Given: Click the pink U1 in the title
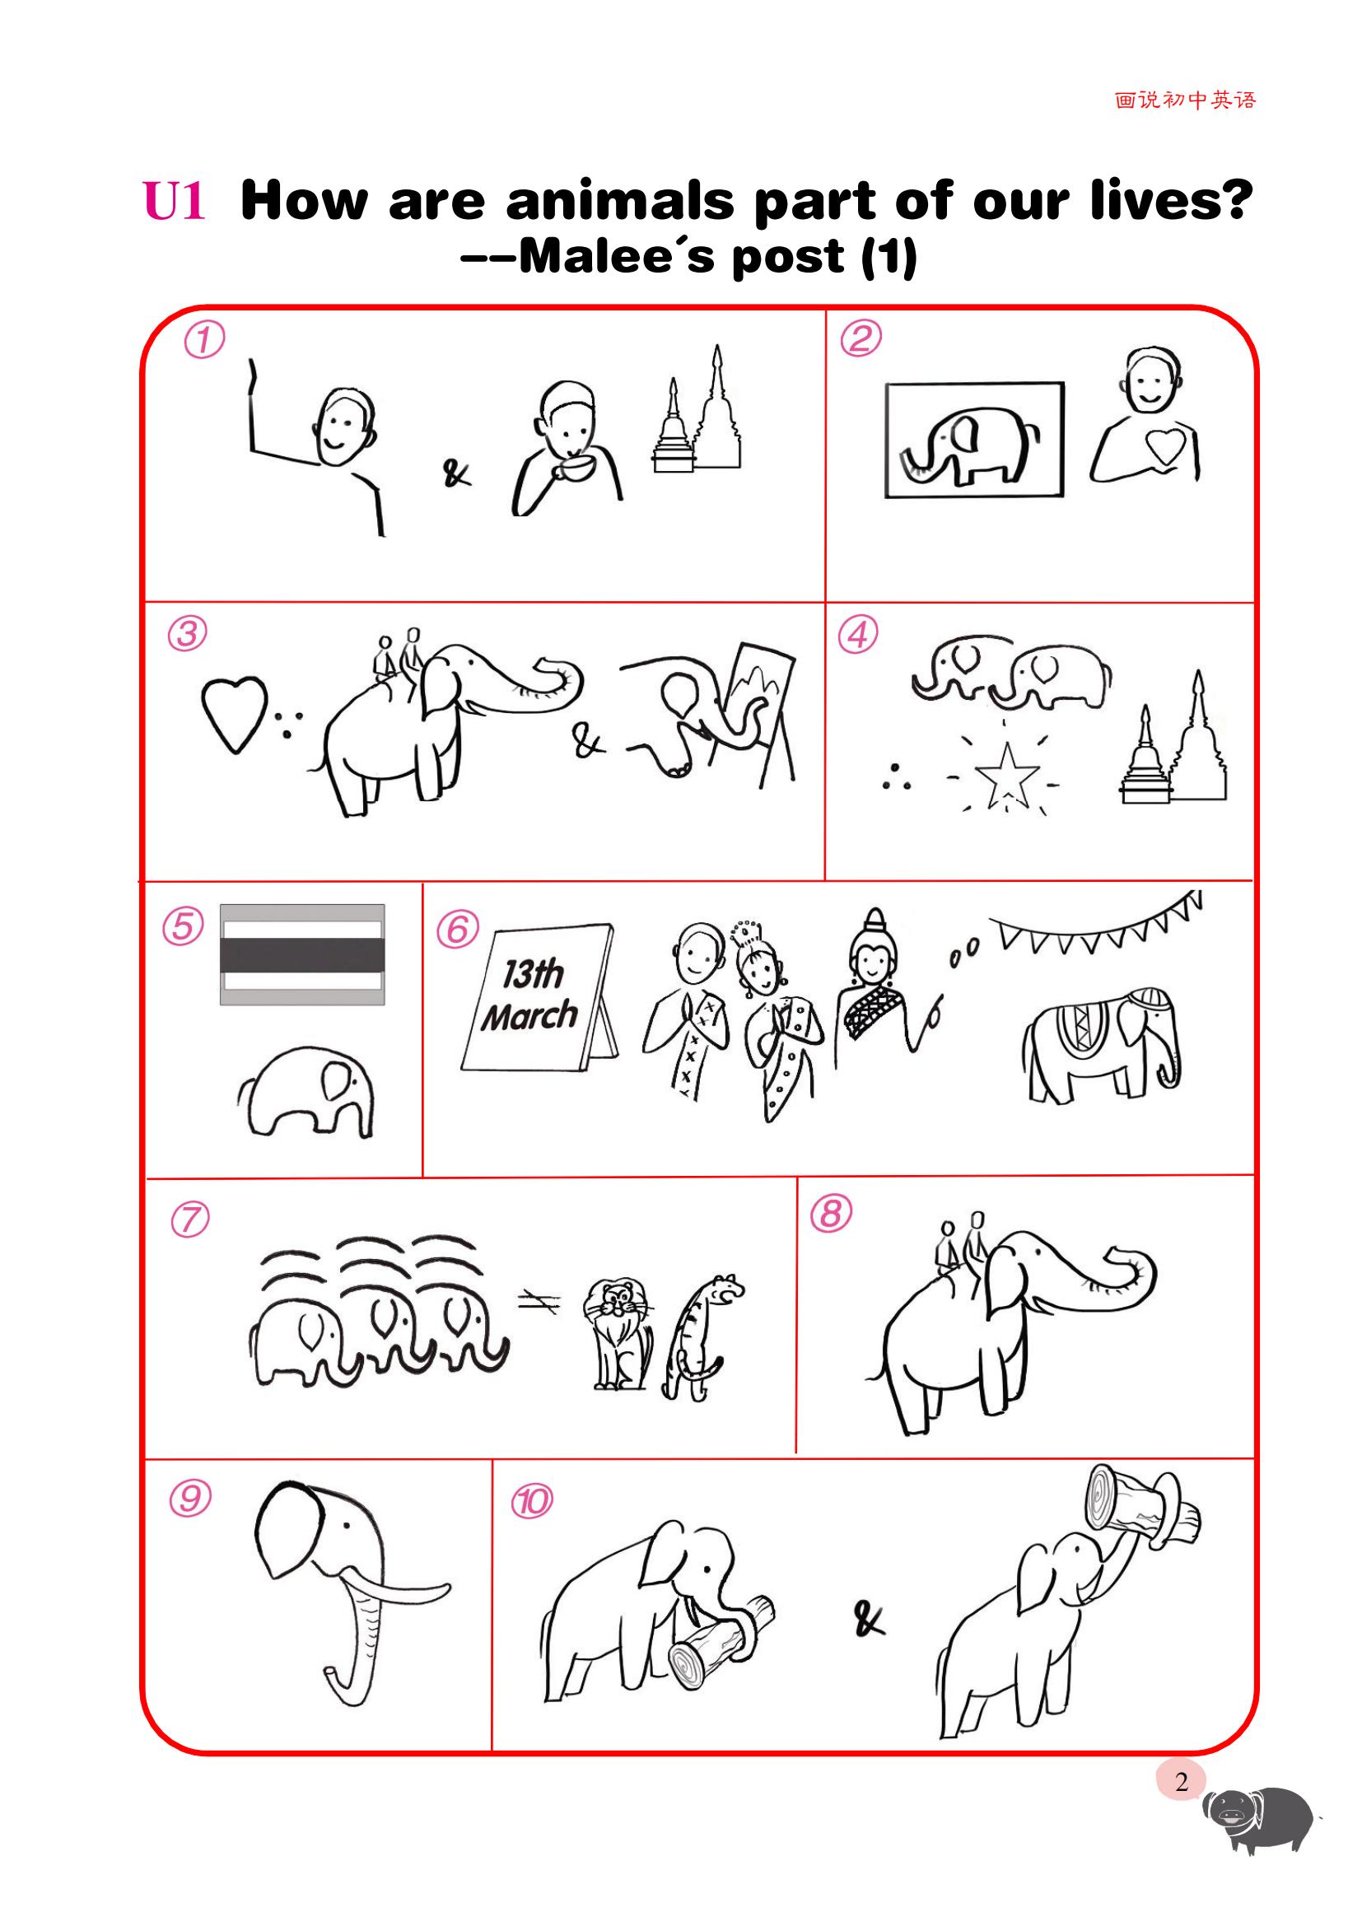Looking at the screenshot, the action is tap(175, 201).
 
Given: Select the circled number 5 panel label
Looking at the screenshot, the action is tap(183, 927).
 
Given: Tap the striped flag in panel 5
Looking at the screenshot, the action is tap(303, 954).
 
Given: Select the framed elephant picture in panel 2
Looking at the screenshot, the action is tap(974, 440).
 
